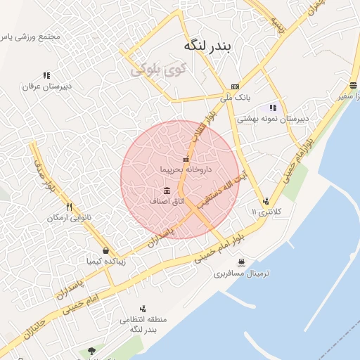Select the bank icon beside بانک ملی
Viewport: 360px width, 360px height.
click(x=234, y=86)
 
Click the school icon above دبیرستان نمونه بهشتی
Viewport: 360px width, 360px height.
click(x=273, y=108)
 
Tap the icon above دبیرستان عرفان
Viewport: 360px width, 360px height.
click(x=46, y=75)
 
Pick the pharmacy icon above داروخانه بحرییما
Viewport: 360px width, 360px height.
click(x=186, y=159)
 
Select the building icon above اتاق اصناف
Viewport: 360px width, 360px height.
click(x=167, y=191)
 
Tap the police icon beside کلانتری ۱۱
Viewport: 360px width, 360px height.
click(x=265, y=200)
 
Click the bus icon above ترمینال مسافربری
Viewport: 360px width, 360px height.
click(x=241, y=262)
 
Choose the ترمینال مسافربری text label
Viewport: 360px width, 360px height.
click(x=243, y=273)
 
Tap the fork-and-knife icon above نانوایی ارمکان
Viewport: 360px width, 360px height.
click(x=69, y=207)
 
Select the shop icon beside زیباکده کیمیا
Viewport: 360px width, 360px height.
click(x=105, y=250)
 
